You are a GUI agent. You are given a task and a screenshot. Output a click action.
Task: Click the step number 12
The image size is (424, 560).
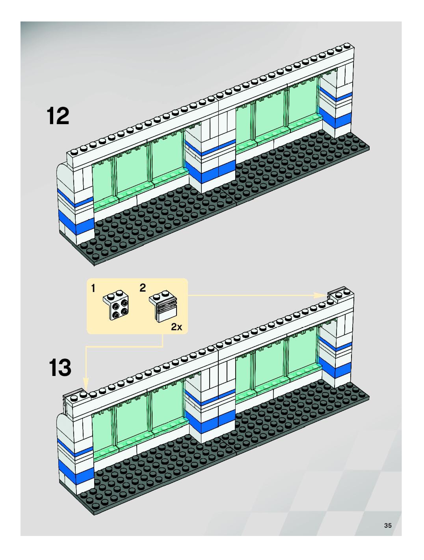pyautogui.click(x=58, y=116)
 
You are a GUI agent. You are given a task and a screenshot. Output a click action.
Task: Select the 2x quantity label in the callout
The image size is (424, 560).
pyautogui.click(x=176, y=327)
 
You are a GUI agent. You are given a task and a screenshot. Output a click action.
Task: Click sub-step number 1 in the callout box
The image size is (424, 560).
pyautogui.click(x=93, y=288)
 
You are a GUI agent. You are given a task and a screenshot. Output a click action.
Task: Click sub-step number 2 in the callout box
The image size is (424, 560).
pyautogui.click(x=143, y=288)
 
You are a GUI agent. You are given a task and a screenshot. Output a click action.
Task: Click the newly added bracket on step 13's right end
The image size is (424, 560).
pyautogui.click(x=340, y=294)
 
